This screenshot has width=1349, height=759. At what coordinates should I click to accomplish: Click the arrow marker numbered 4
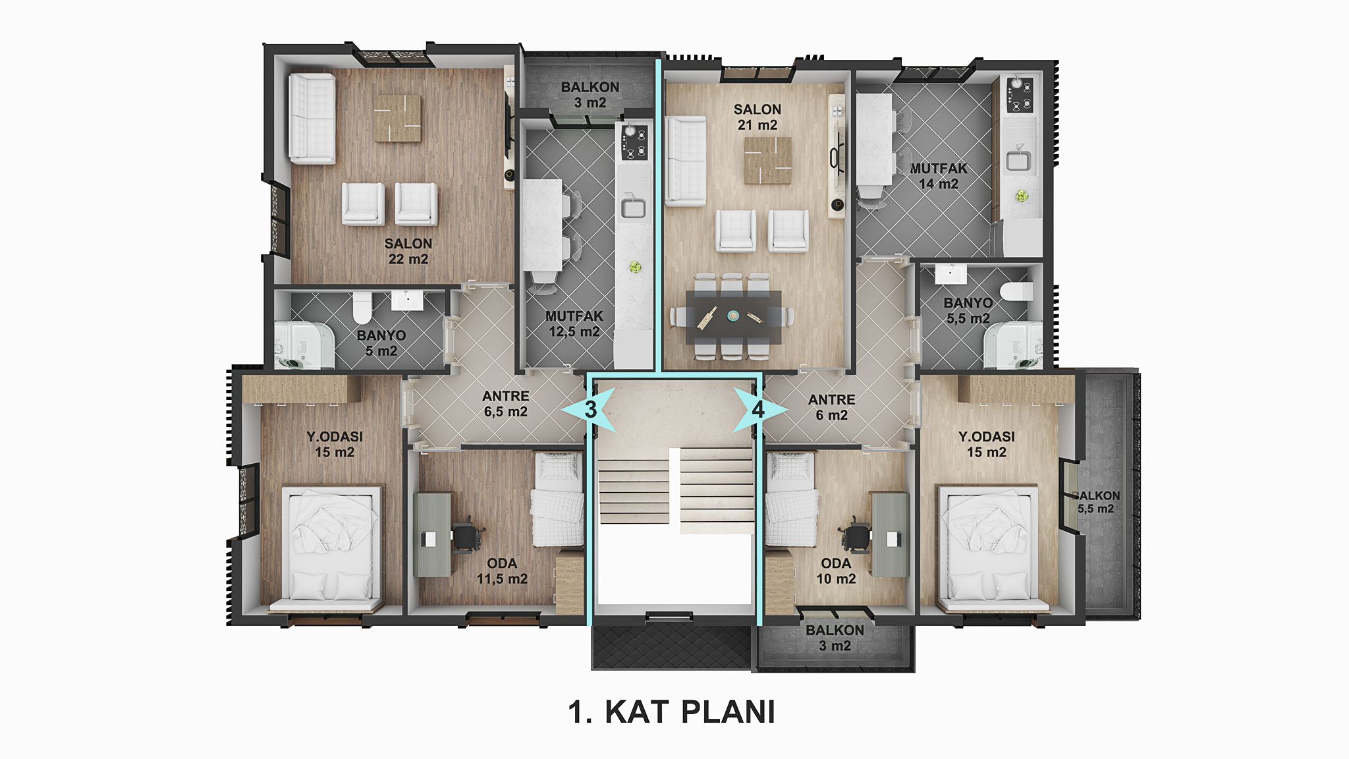click(759, 410)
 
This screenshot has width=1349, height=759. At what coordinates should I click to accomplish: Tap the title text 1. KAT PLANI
click(671, 712)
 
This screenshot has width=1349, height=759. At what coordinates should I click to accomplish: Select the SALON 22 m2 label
click(408, 251)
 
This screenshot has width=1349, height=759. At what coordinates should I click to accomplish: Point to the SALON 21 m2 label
click(757, 117)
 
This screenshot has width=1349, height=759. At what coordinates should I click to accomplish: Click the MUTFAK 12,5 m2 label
click(574, 323)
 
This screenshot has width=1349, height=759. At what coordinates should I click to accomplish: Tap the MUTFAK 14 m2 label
click(939, 176)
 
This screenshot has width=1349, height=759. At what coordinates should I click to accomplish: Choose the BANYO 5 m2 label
click(381, 343)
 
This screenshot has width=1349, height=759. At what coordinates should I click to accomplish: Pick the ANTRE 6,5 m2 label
click(506, 404)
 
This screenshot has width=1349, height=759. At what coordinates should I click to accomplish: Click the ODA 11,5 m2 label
click(502, 571)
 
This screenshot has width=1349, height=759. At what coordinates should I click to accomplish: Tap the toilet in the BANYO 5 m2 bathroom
click(362, 308)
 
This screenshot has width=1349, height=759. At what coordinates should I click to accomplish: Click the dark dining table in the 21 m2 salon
click(734, 317)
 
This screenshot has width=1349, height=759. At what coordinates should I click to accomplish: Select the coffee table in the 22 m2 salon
click(398, 118)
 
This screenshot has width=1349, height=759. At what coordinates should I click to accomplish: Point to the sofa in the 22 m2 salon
click(312, 118)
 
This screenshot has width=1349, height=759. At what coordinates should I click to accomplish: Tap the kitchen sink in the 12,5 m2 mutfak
click(634, 208)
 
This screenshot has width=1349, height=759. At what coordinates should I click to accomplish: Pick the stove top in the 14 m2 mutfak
click(1020, 95)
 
